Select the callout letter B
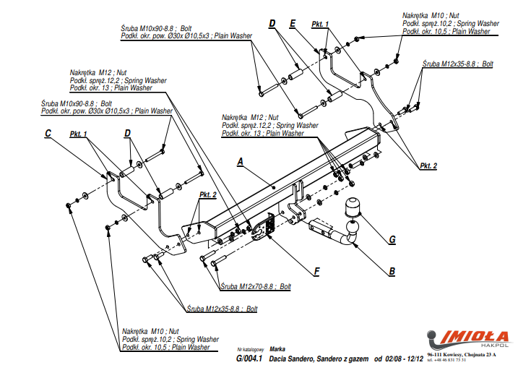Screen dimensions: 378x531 click(x=392, y=272)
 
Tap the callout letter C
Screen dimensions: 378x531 click(x=48, y=133)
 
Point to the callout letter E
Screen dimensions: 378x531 click(x=293, y=24)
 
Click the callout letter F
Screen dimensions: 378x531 click(x=316, y=272)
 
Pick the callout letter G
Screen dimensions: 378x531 click(x=392, y=239)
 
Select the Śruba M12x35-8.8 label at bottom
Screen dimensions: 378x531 click(x=222, y=309)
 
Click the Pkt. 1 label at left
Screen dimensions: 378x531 click(x=78, y=134)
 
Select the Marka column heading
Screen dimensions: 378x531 click(x=277, y=348)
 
